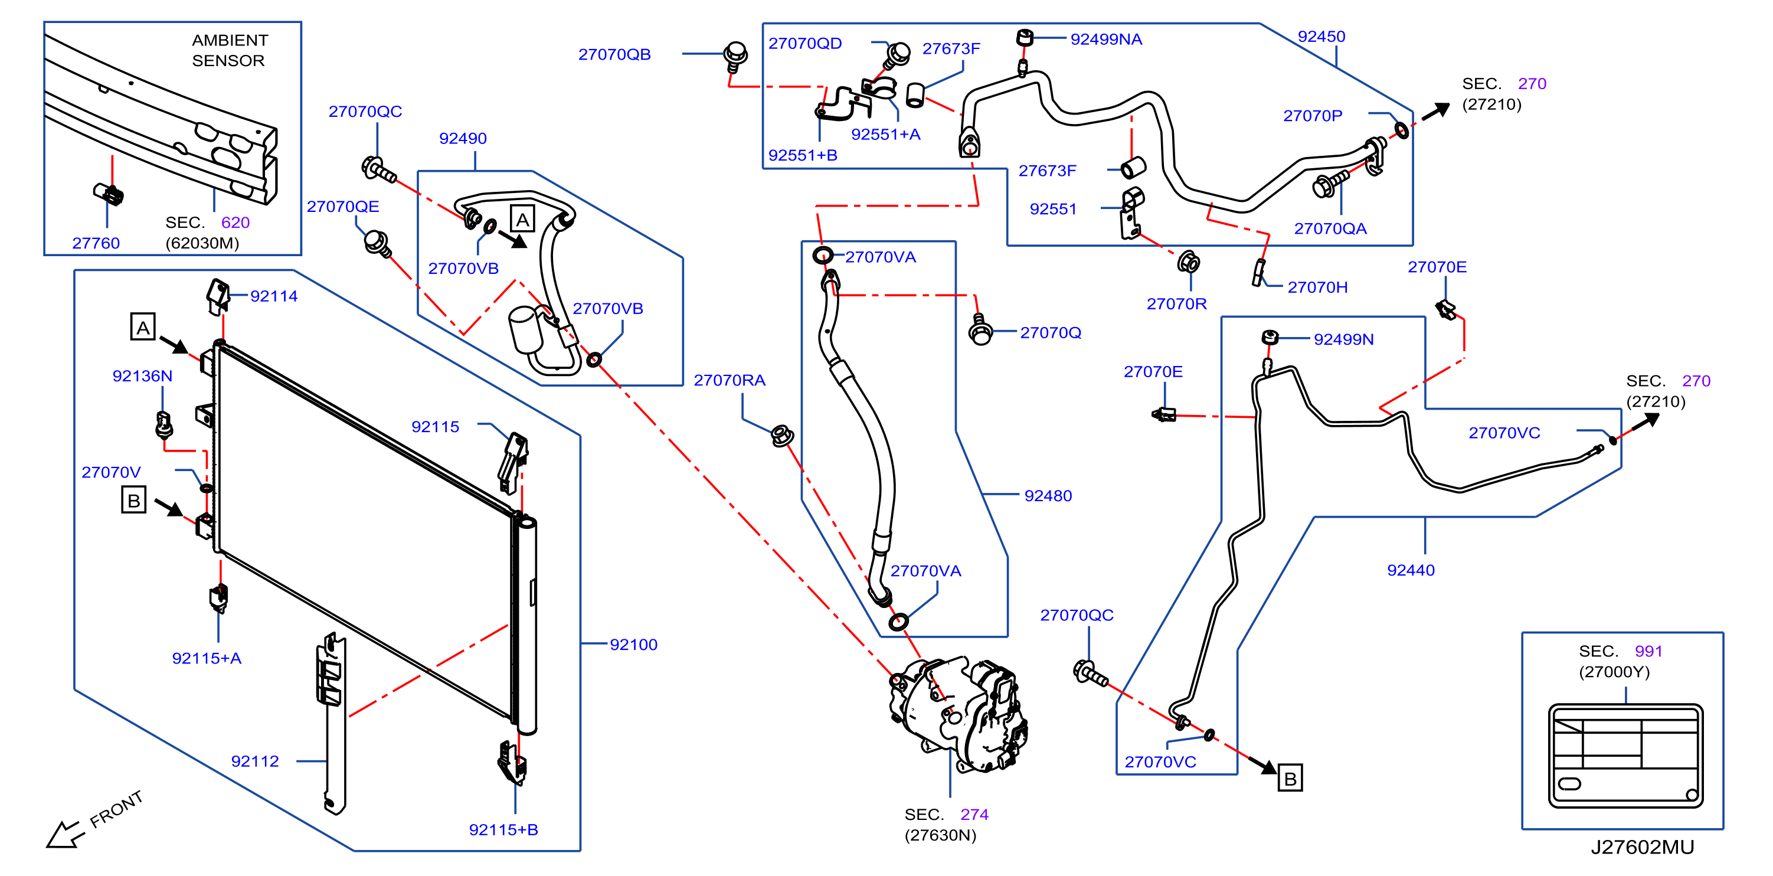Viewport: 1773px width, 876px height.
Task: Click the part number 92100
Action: click(x=633, y=645)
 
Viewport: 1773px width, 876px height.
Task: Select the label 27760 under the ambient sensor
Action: click(x=96, y=243)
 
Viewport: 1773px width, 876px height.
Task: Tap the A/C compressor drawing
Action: click(x=959, y=713)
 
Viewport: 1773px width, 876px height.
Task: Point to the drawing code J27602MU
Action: click(x=1642, y=847)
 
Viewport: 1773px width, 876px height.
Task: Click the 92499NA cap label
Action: click(x=1106, y=39)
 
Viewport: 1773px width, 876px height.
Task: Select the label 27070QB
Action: click(x=614, y=54)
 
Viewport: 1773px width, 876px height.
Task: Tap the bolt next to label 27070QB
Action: click(x=735, y=55)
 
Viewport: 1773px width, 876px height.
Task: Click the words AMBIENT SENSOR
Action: click(x=229, y=50)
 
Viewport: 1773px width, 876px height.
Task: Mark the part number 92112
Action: click(x=254, y=761)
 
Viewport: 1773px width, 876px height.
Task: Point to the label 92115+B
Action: click(x=503, y=830)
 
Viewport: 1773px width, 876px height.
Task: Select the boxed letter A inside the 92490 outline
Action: click(x=522, y=220)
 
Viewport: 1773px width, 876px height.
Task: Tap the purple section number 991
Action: click(x=1648, y=651)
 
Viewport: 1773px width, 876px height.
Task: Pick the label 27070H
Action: click(x=1317, y=287)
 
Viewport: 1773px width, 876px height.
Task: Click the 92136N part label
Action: click(x=142, y=375)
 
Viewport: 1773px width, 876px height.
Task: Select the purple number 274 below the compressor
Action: click(x=974, y=814)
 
